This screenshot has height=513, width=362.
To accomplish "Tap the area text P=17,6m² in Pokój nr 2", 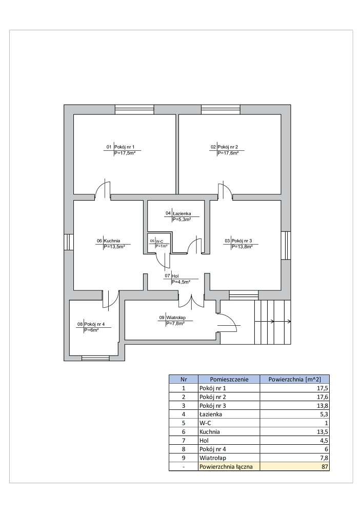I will point(228,153).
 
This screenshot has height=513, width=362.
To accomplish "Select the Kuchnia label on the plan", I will point(112,241).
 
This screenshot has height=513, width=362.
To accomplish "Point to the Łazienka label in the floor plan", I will point(182,213).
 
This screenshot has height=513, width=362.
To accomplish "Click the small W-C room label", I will point(160,241).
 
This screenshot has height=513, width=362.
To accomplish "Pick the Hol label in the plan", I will point(175,276).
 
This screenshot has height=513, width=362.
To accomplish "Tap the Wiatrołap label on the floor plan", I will point(175,318).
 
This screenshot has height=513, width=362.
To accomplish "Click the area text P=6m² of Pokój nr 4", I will point(91,330).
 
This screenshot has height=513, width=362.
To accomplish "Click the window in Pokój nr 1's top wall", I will point(134,109).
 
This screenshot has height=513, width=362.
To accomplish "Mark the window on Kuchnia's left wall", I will point(67,242).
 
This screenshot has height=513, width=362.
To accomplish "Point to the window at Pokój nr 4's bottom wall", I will point(95,358).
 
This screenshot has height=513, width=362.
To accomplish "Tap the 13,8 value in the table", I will point(321,406).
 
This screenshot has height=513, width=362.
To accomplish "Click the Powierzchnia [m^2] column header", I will point(295,380).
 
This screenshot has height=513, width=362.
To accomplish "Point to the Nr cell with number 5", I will point(183,423).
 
